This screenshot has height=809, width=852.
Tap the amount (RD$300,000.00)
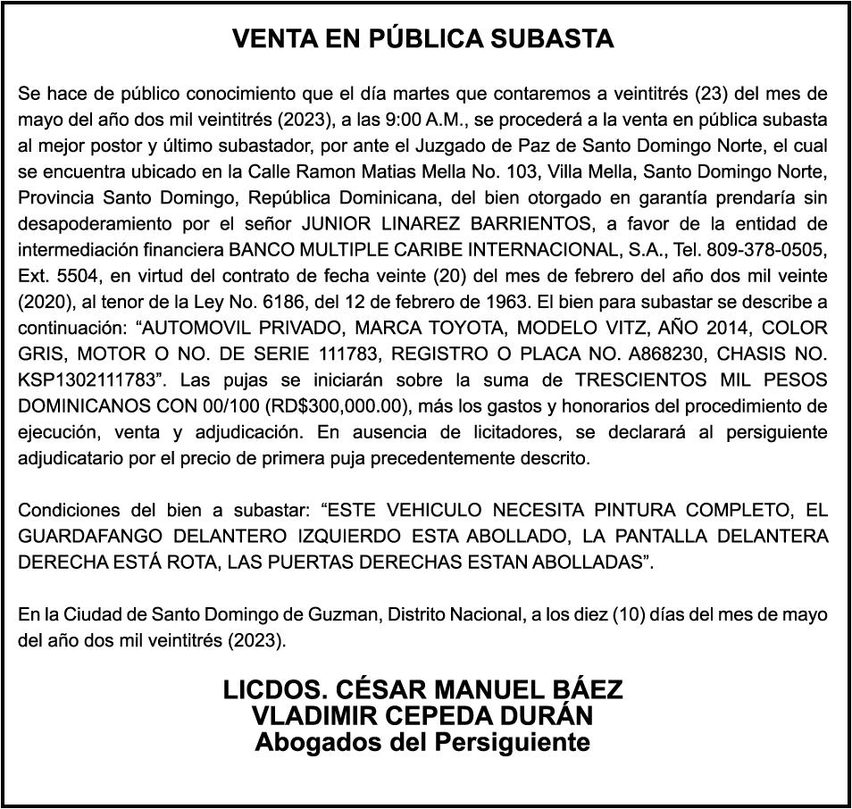[x=339, y=404]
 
